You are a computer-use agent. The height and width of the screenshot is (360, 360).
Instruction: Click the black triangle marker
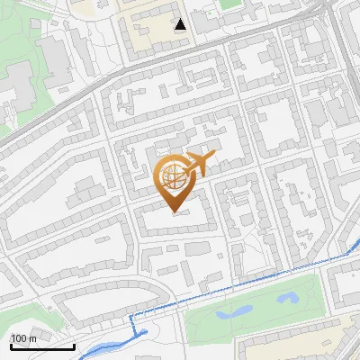[x=181, y=24]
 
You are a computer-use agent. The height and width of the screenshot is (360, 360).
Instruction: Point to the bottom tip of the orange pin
[x=174, y=212]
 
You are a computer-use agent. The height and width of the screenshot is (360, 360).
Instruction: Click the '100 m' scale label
[x=23, y=337]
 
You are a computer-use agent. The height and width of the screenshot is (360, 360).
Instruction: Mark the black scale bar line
[x=41, y=346]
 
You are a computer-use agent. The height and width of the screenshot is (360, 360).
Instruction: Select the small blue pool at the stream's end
[x=141, y=334]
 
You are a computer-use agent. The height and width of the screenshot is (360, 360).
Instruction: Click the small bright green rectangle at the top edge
[x=230, y=4]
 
